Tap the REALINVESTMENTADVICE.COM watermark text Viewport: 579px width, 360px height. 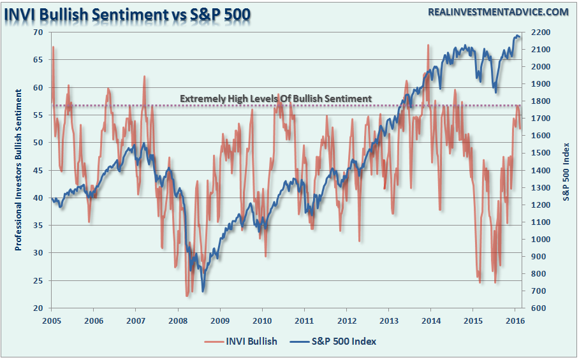(x=489, y=12)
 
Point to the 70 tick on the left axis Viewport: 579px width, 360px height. (x=38, y=32)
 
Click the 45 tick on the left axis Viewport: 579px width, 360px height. (x=38, y=170)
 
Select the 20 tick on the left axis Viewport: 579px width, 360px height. (x=38, y=308)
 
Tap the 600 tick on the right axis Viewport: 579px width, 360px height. (x=534, y=308)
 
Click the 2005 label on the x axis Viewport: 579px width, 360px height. (x=51, y=320)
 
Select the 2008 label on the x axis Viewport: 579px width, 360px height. (x=178, y=320)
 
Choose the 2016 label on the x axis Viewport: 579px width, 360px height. (x=515, y=320)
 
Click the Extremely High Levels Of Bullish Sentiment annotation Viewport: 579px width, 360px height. (x=275, y=99)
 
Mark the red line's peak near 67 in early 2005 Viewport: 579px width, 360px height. (x=53, y=47)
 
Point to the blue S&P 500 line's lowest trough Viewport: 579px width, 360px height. (x=203, y=291)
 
